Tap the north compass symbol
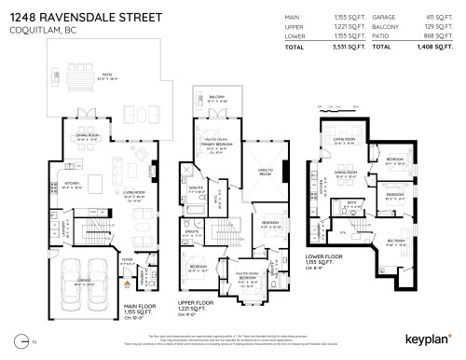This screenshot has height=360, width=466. coord(20,346)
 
